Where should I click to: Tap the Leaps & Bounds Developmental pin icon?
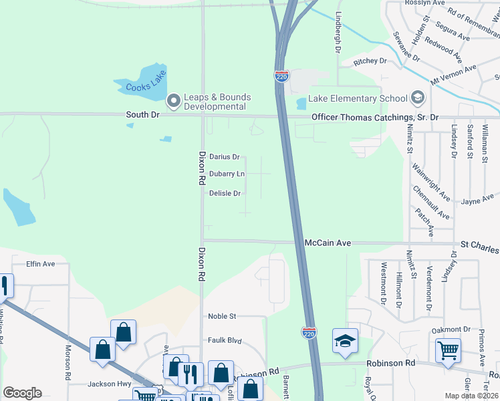(x=173, y=102)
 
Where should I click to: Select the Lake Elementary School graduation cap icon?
(x=418, y=98)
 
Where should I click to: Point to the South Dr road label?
(x=143, y=115)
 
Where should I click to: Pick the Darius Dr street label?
(x=224, y=157)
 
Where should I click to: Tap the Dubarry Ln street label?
(x=227, y=174)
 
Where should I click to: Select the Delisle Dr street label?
(x=225, y=193)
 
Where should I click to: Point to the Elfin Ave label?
(x=40, y=264)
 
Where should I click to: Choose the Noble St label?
(x=222, y=316)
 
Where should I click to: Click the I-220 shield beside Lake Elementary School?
(x=281, y=76)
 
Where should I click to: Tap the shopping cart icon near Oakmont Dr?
(x=447, y=349)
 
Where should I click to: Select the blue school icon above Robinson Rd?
(x=345, y=341)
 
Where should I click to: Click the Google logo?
(x=22, y=393)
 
